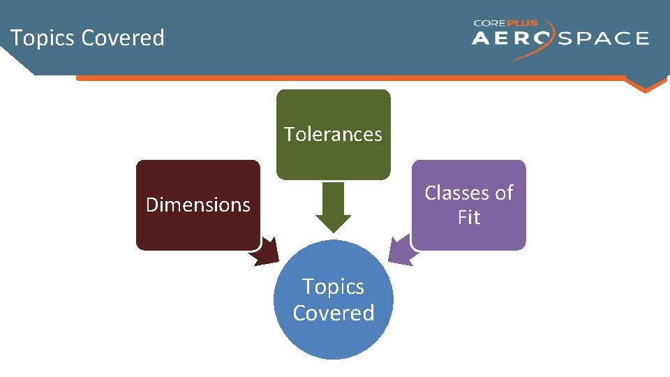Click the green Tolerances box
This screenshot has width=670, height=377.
(333, 112)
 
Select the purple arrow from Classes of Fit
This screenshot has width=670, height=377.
(401, 251)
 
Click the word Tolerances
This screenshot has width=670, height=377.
(333, 134)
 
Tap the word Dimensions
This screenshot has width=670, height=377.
(198, 205)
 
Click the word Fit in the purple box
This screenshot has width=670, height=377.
(469, 218)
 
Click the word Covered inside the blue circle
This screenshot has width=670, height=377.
(333, 313)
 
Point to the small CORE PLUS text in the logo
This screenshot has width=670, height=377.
(506, 23)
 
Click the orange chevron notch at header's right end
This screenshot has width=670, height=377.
(645, 85)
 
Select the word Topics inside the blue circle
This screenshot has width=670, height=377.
(333, 287)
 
